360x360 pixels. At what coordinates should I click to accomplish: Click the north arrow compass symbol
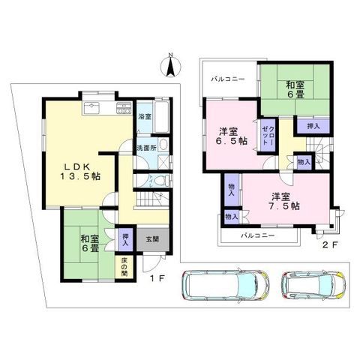coord(170,65)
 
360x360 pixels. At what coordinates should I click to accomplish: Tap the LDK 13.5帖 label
coord(80,172)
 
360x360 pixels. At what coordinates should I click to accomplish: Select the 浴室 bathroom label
coord(145,117)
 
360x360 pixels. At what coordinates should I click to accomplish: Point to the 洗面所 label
coord(147,148)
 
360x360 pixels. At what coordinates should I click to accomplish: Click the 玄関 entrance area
coord(152,239)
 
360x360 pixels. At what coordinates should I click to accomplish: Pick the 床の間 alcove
coord(124,267)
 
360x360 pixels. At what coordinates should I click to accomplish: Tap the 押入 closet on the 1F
coord(125,239)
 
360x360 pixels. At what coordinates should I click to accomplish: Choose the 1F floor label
coord(157,278)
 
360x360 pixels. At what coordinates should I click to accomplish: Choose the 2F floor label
coord(330,244)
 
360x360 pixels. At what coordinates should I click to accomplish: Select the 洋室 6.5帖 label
coord(232,136)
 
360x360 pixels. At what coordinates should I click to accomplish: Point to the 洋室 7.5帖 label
coord(286,201)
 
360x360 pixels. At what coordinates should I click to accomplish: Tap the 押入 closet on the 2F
coord(313,126)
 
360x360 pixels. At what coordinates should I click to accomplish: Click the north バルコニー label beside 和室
coord(228,79)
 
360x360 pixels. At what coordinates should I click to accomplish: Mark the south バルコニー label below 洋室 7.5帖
coord(258,235)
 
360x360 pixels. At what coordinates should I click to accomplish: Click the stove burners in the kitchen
coord(124,108)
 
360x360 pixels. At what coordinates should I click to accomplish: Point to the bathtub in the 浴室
coord(161,117)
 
